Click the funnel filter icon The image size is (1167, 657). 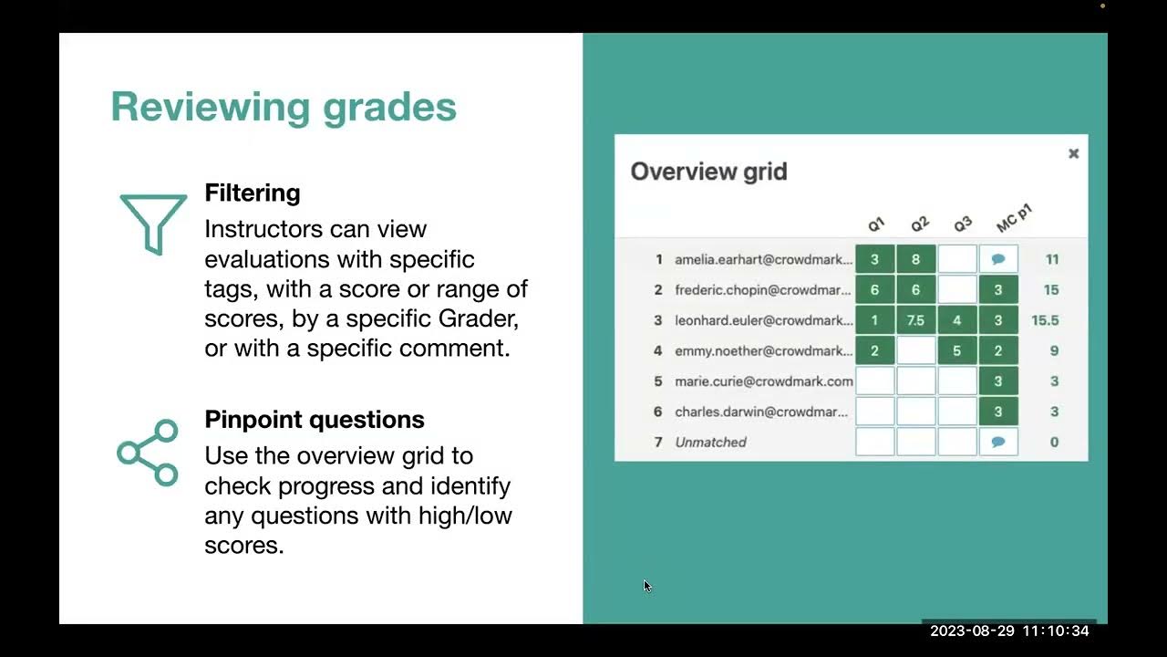tap(153, 223)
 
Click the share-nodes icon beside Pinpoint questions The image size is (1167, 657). tap(148, 453)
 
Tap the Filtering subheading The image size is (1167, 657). tap(253, 193)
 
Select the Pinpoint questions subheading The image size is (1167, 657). tap(315, 420)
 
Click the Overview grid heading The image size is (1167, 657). tap(708, 172)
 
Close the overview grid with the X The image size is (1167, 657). tap(1074, 153)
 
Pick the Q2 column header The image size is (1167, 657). tap(919, 224)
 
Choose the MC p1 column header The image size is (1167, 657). tap(1013, 219)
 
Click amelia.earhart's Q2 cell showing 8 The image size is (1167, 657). tap(915, 259)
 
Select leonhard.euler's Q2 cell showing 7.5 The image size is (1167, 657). tap(915, 320)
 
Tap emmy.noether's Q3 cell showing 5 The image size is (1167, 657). tap(956, 350)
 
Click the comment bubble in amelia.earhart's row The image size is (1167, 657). tap(997, 259)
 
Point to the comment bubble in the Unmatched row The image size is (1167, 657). tap(997, 442)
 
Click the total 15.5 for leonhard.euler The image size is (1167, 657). tap(1045, 320)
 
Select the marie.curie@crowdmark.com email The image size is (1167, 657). tap(764, 381)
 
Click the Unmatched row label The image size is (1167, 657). tap(710, 443)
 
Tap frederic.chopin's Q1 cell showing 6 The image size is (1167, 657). tap(874, 290)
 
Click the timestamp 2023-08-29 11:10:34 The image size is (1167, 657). tap(1009, 631)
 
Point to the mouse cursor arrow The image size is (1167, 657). tap(646, 586)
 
